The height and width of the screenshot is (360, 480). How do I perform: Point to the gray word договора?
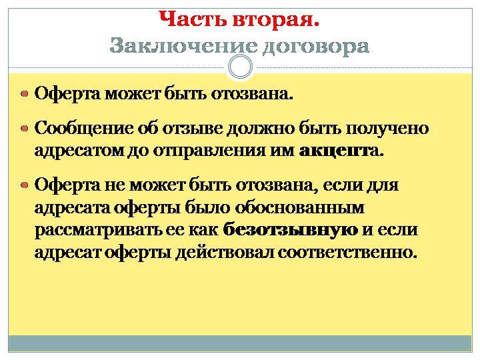pyautogui.click(x=316, y=47)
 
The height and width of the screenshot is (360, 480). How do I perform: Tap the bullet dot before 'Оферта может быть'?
pyautogui.click(x=25, y=94)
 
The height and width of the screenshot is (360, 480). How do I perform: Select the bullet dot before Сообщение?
pyautogui.click(x=25, y=128)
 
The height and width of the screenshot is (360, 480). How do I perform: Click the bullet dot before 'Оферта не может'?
pyautogui.click(x=25, y=185)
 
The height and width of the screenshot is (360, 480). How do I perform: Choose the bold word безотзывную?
pyautogui.click(x=291, y=230)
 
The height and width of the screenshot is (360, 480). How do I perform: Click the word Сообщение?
pyautogui.click(x=84, y=129)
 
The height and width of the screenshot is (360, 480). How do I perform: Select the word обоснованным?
pyautogui.click(x=300, y=208)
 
